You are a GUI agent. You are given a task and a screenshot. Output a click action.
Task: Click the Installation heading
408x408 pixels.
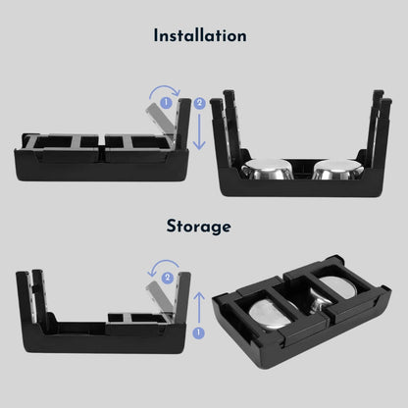tap(200, 35)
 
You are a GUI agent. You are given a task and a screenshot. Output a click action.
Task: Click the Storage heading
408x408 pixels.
tap(199, 226)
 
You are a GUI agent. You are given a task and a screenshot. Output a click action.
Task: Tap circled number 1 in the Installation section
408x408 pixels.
tap(166, 103)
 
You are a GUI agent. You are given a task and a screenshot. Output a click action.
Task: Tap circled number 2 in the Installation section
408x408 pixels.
tap(199, 103)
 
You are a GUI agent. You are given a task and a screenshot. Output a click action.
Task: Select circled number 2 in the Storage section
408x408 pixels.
tap(168, 278)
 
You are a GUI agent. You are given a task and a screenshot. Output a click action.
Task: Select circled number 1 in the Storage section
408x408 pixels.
tap(199, 332)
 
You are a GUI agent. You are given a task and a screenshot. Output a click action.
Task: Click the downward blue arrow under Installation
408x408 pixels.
tap(199, 130)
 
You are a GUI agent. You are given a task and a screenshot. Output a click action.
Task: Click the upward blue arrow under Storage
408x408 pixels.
tap(199, 308)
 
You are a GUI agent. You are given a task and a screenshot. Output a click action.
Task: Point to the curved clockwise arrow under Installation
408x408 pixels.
tap(165, 87)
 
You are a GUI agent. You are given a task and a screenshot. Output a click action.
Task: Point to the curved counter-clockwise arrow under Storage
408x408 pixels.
tap(164, 262)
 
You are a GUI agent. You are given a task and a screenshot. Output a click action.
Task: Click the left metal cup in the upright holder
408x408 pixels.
tap(267, 170)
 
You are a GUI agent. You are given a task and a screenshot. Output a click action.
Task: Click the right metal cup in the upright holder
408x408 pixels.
tap(338, 170)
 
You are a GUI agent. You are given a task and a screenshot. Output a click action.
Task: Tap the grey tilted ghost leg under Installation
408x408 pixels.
tap(159, 119)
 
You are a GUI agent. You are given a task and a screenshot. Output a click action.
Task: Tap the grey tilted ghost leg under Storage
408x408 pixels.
tap(160, 297)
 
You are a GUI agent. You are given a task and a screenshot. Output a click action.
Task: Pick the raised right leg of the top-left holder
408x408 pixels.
tap(182, 124)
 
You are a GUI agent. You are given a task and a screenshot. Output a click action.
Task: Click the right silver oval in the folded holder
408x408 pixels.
tap(337, 287)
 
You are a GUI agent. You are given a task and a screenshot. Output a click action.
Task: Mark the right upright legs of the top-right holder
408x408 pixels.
tap(380, 127)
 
